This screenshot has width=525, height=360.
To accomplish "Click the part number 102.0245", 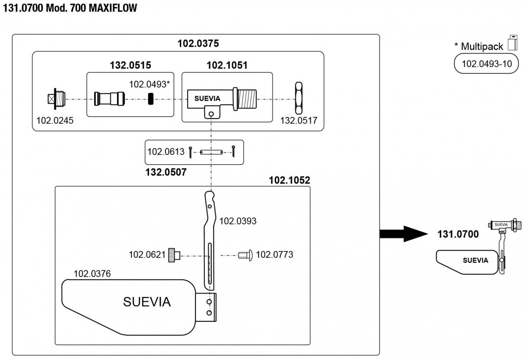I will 55,121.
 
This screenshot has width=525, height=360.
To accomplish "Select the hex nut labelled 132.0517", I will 299,98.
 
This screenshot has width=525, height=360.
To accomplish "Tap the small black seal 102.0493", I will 151,99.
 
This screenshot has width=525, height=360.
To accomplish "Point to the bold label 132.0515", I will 130,65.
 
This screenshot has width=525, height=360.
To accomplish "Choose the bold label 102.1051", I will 227,65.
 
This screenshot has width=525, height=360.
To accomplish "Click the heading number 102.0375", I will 198,44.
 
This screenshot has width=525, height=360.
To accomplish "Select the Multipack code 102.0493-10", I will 486,64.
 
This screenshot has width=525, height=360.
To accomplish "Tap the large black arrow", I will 403,234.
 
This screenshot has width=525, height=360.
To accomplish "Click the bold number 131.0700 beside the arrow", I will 458,234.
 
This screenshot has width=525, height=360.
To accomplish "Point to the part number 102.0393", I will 238,221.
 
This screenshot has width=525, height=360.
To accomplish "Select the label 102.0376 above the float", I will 92,274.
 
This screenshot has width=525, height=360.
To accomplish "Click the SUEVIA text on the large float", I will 147,302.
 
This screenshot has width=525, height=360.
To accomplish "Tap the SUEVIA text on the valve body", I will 207,99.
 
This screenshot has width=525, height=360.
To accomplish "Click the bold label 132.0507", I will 166,172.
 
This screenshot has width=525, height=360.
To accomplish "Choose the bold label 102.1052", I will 290,180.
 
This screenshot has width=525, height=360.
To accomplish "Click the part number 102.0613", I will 166,152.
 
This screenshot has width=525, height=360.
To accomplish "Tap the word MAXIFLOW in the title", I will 113,8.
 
